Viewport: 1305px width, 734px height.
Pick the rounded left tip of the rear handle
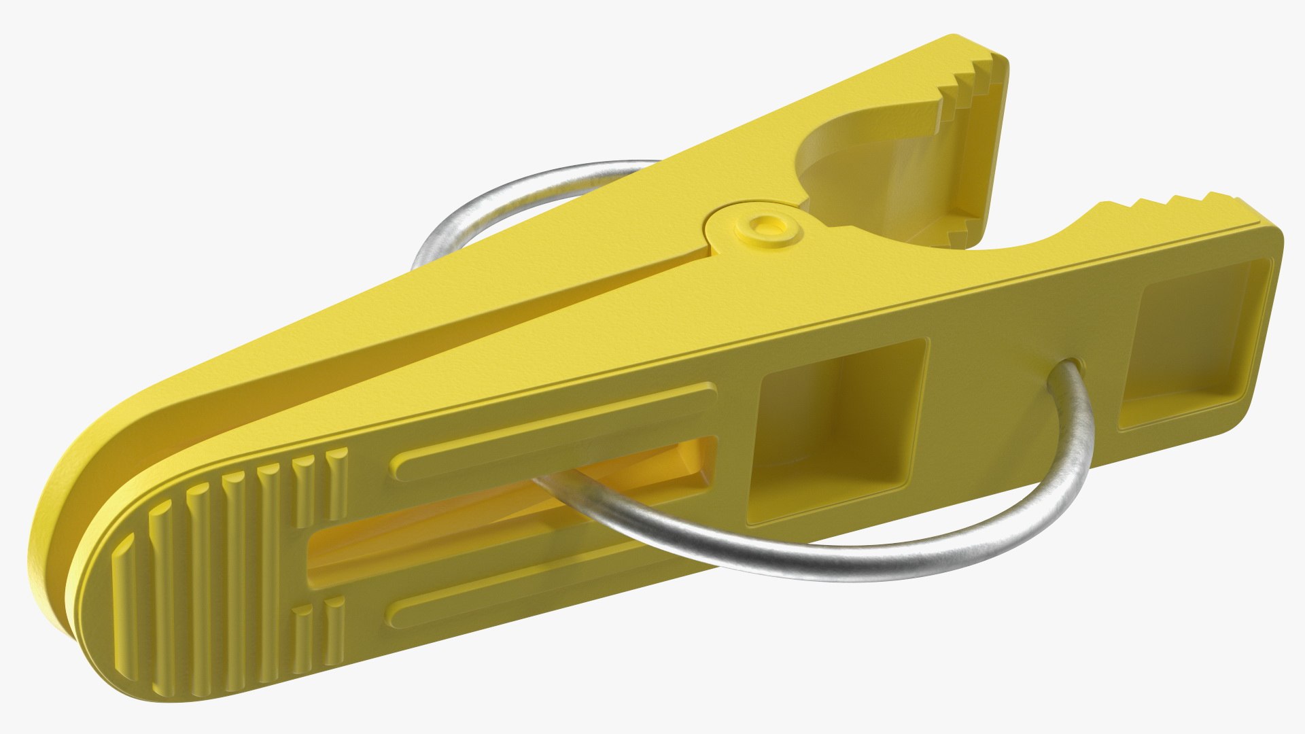(82, 469)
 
